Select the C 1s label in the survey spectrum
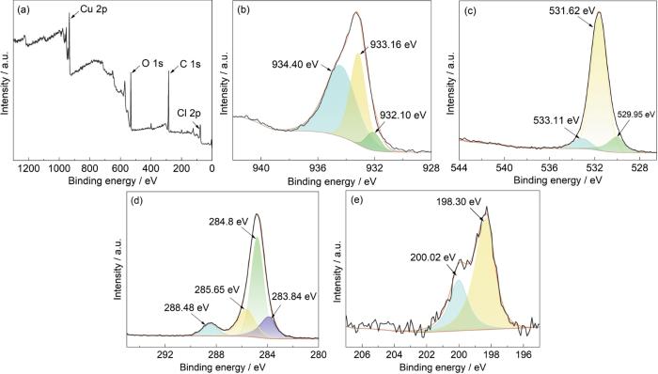pos(190,64)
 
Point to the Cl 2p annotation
pos(189,113)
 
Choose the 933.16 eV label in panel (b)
pos(393,44)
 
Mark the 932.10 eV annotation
pos(402,115)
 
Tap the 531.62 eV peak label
pos(572,11)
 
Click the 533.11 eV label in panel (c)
pos(556,121)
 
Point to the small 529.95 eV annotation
pos(636,115)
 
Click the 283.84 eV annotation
pos(293,296)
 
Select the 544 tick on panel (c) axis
pos(460,168)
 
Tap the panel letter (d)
pos(137,200)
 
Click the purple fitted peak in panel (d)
pos(269,328)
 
